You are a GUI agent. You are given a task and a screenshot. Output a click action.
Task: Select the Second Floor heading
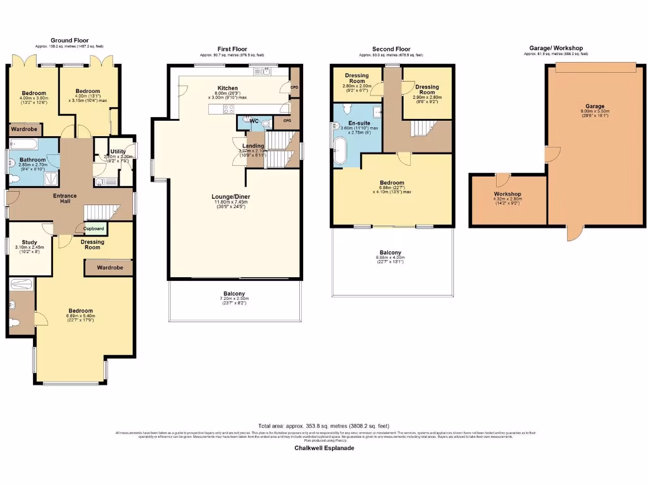click(391, 49)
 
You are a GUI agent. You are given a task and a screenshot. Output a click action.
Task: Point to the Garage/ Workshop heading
click(556, 48)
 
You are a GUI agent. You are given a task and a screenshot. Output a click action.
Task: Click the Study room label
click(29, 243)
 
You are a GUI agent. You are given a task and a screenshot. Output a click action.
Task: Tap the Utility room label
click(118, 152)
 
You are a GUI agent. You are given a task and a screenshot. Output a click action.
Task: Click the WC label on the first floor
click(254, 120)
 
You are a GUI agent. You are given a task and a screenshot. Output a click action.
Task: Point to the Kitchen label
click(228, 88)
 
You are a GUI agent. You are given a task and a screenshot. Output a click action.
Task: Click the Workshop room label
click(508, 194)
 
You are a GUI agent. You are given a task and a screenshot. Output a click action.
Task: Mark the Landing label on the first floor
click(253, 145)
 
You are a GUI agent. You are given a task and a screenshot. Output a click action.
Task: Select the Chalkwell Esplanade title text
click(324, 448)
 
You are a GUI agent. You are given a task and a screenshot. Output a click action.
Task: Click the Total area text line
click(324, 426)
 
